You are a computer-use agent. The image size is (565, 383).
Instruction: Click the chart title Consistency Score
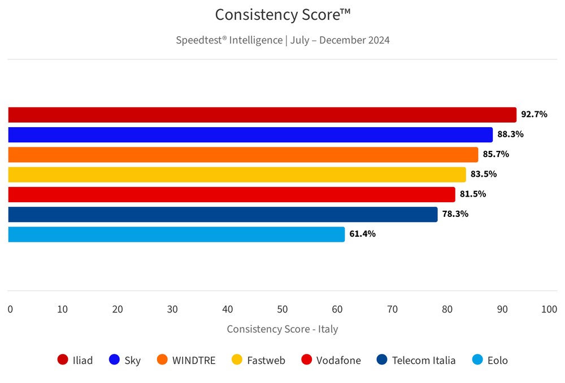(282, 15)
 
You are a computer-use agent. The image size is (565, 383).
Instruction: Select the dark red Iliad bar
(262, 115)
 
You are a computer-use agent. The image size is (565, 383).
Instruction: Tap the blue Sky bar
(250, 134)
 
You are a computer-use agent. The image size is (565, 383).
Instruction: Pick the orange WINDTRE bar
(243, 154)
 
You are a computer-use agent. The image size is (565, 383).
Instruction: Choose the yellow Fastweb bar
(237, 174)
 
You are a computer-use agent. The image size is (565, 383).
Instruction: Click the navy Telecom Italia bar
(223, 214)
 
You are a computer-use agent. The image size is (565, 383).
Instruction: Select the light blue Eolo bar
(176, 234)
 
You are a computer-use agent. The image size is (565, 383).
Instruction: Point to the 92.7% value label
(534, 114)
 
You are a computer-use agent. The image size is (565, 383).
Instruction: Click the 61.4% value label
(362, 234)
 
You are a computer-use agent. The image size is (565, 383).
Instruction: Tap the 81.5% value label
(472, 194)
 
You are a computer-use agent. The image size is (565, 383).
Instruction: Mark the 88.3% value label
(510, 134)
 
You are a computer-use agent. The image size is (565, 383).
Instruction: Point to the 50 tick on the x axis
(282, 310)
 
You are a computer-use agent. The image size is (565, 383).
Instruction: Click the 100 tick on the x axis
(549, 310)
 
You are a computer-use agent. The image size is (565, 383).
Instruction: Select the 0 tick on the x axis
(10, 310)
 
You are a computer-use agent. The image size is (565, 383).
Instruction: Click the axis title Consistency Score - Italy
(282, 329)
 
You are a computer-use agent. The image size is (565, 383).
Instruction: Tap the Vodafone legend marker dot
(307, 360)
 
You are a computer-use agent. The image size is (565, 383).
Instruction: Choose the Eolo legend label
(497, 360)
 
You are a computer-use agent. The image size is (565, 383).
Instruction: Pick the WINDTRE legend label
(194, 360)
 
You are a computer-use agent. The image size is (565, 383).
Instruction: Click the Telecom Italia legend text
(424, 360)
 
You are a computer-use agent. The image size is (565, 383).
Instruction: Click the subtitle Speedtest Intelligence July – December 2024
(282, 40)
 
